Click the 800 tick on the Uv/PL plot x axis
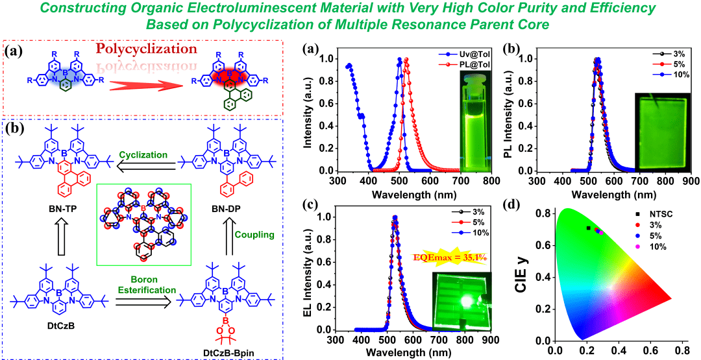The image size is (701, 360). [491, 181]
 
